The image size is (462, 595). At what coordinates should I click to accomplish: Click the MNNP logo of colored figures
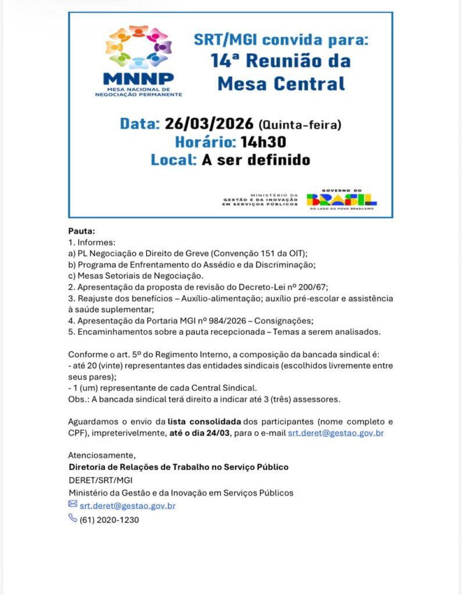coord(138,48)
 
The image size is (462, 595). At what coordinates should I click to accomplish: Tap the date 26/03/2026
coord(209,124)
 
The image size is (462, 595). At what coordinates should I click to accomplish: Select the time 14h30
coord(263,142)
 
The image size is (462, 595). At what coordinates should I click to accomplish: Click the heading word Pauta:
coord(81,231)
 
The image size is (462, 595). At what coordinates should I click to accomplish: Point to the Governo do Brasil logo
coord(342,199)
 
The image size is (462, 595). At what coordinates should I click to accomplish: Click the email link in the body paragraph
coord(336,433)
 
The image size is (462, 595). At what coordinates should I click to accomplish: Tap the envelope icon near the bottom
coord(73,504)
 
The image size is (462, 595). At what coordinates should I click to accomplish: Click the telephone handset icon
coord(73,518)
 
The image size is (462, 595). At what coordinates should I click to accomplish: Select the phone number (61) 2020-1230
coord(109,520)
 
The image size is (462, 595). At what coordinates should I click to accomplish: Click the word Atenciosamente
coord(101,455)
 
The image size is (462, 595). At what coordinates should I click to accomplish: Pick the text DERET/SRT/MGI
coord(92,480)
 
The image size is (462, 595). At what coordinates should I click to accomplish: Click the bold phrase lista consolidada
coord(203,421)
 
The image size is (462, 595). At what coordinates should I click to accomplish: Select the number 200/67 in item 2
coord(313,286)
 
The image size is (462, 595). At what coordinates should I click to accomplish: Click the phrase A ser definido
coord(256,160)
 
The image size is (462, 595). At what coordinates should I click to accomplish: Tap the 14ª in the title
coord(227,60)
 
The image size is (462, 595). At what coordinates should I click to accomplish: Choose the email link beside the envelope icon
coord(127,506)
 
